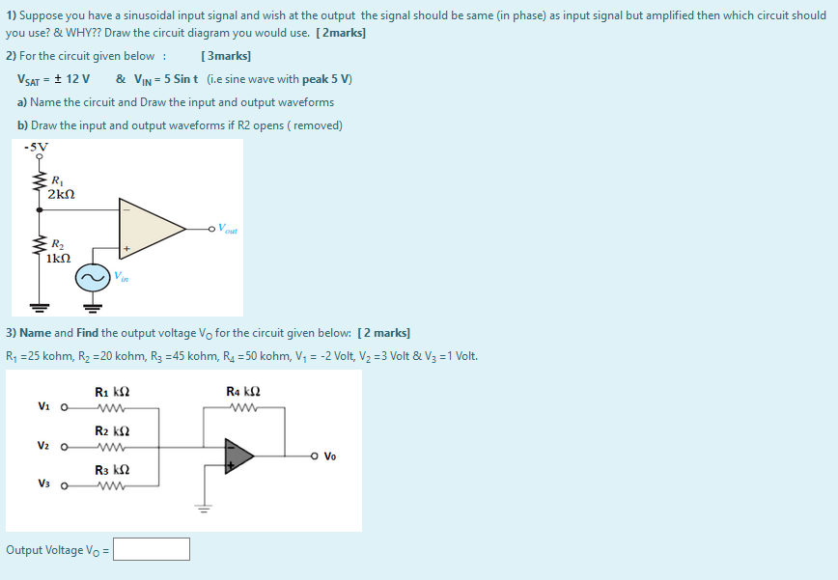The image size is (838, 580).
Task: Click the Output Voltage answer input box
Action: coord(151,550)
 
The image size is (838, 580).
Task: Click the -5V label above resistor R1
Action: coord(36,147)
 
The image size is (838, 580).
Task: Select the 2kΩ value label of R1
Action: coord(61,194)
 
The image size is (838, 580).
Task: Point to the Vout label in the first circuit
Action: coord(229,229)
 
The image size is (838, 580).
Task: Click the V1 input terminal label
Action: coord(43,406)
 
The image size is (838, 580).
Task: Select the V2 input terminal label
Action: coord(43,446)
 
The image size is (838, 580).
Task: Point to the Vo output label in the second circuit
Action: coord(330,456)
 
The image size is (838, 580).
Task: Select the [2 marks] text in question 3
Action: coord(383,333)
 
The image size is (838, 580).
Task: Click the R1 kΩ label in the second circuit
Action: coord(112,392)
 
